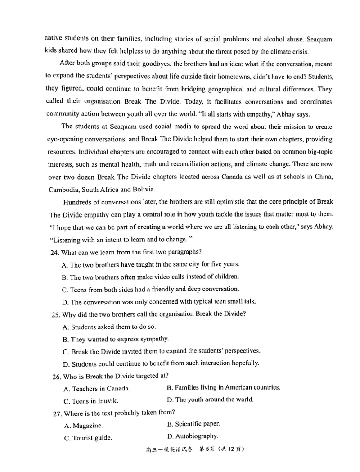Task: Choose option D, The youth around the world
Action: point(210,399)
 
